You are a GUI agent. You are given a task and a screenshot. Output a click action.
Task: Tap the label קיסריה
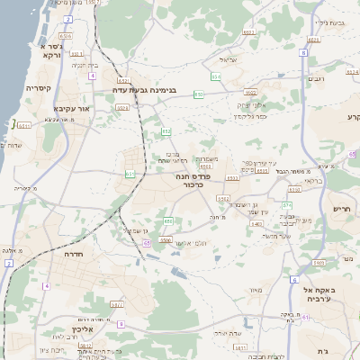point(38,88)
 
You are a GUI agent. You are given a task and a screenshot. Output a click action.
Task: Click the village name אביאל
point(228,60)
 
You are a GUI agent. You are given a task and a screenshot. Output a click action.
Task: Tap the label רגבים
point(316,79)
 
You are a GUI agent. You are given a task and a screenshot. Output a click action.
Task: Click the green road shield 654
point(215,77)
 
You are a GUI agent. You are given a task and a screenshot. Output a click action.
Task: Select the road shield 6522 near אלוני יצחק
point(250,91)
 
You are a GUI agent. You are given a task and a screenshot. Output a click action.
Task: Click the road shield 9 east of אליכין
point(121,323)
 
